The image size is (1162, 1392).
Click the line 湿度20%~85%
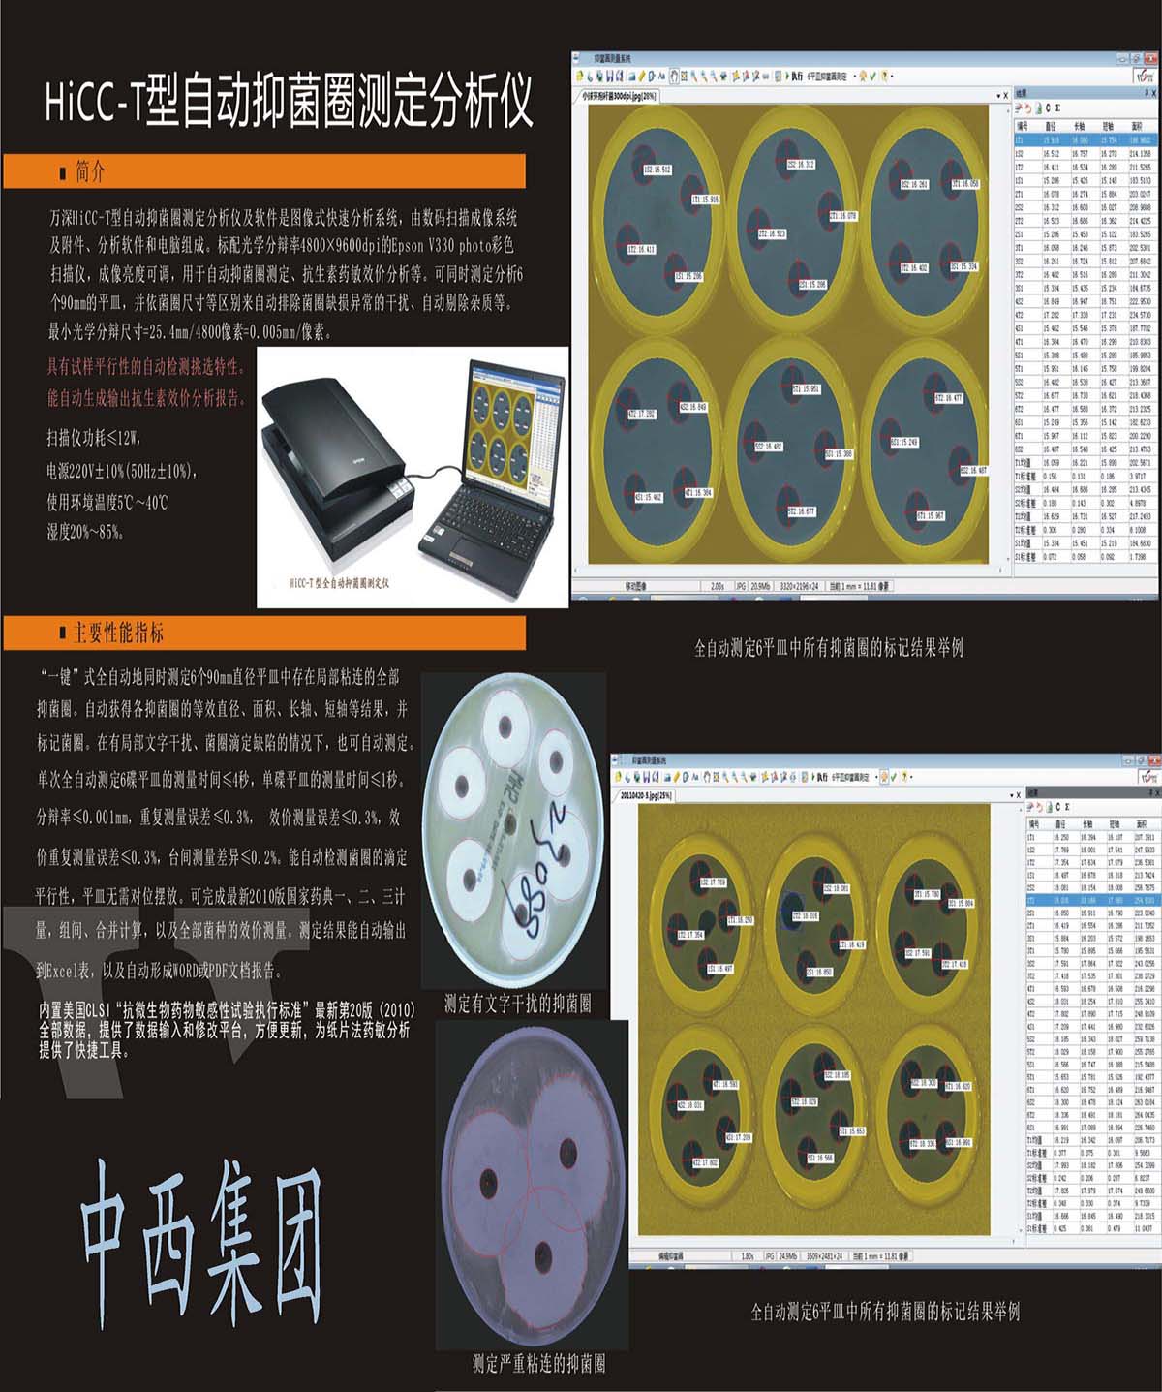click(x=86, y=532)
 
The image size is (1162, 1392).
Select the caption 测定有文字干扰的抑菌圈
click(x=517, y=1004)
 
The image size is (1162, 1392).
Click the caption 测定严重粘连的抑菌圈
click(x=538, y=1364)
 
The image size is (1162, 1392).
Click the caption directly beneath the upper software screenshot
click(x=828, y=648)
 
